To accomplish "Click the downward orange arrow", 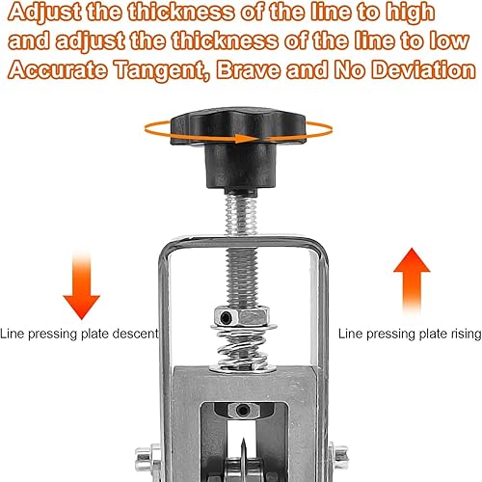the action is pos(81,284).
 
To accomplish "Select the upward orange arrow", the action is pos(412,281).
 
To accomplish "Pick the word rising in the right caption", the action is pos(466,335).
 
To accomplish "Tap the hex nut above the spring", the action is pos(242,316).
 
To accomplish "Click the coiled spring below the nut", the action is pos(243,348).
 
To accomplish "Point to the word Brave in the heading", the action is pos(248,69).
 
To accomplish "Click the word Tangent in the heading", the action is pos(161,70).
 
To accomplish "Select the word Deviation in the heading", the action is pos(423,69).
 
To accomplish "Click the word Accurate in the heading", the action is pos(57,69).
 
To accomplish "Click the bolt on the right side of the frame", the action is pos(339,456).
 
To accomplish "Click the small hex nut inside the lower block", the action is pos(242,410).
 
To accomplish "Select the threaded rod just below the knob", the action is pos(241,215).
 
